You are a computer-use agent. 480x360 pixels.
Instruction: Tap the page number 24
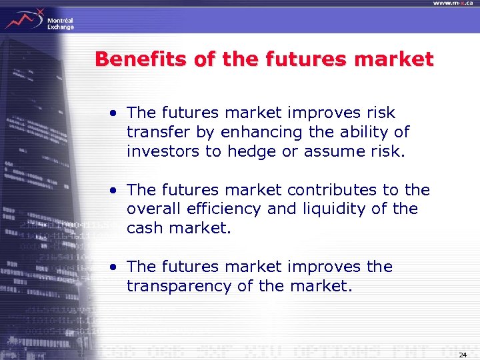(463, 354)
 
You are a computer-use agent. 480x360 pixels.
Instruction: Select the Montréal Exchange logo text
(60, 24)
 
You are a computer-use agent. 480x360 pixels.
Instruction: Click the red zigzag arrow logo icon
(23, 19)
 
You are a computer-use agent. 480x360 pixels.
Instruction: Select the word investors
(163, 151)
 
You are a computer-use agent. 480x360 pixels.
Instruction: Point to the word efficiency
(221, 209)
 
